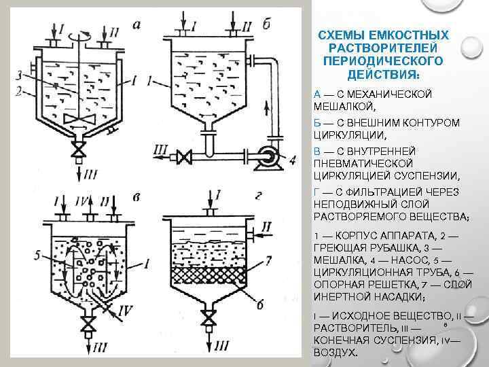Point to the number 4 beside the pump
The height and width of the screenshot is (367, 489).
[292, 161]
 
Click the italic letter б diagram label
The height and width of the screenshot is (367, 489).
[266, 24]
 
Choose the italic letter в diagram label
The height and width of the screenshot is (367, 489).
[137, 197]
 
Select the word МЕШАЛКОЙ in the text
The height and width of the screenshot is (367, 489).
[336, 107]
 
